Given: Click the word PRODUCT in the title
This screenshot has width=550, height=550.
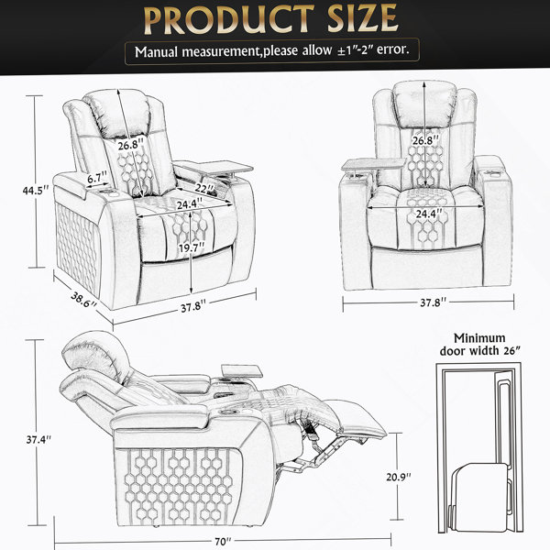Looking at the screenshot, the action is [228, 19].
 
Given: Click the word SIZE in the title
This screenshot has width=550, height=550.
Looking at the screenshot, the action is [362, 19].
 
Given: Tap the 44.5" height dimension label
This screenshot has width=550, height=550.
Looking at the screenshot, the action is [36, 191].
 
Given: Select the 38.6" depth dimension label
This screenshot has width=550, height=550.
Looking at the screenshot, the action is [83, 300].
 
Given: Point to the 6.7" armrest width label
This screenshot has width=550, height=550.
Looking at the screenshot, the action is [97, 178].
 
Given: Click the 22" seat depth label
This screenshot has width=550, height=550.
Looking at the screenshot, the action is [204, 188].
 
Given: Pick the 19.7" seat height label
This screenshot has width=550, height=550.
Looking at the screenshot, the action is [192, 248].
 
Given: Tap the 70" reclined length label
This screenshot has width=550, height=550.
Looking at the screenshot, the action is [223, 542].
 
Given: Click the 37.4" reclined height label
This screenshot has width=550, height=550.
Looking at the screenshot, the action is [38, 439].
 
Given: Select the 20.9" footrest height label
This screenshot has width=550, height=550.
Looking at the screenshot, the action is [399, 477].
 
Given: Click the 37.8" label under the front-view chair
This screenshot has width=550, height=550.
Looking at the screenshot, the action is [434, 302].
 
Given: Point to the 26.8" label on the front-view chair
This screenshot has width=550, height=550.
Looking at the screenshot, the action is [425, 140].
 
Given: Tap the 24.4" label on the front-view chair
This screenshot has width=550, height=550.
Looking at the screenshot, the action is [429, 214].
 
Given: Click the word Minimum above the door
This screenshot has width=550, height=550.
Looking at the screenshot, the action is [479, 338].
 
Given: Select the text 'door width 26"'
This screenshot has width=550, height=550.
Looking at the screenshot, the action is [479, 351].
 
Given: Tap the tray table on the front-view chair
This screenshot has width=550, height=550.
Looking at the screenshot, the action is [374, 164].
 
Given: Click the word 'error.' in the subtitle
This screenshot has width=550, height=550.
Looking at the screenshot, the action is [393, 49].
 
